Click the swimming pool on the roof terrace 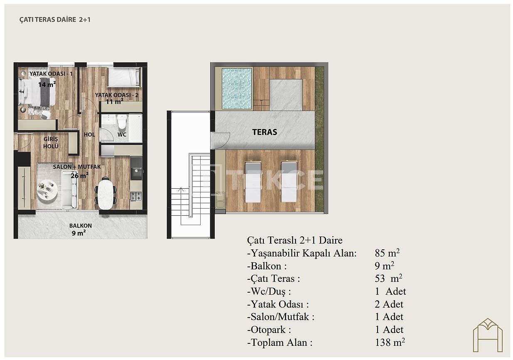237,89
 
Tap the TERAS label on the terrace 265,132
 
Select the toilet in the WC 122,122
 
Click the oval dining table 106,194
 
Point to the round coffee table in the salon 47,190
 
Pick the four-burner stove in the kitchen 136,196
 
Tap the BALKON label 81,226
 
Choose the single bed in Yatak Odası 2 124,77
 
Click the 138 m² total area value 390,343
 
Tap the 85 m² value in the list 387,253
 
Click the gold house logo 488,335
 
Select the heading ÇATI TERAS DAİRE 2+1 55,20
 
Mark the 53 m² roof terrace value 388,279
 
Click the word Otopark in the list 268,330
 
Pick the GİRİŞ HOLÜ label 51,143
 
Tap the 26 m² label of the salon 79,176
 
